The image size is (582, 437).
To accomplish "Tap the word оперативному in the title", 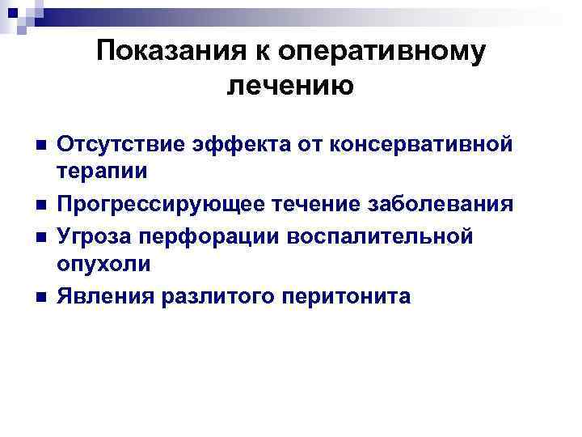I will pyautogui.click(x=382, y=51).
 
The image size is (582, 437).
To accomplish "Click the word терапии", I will pyautogui.click(x=101, y=172).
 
